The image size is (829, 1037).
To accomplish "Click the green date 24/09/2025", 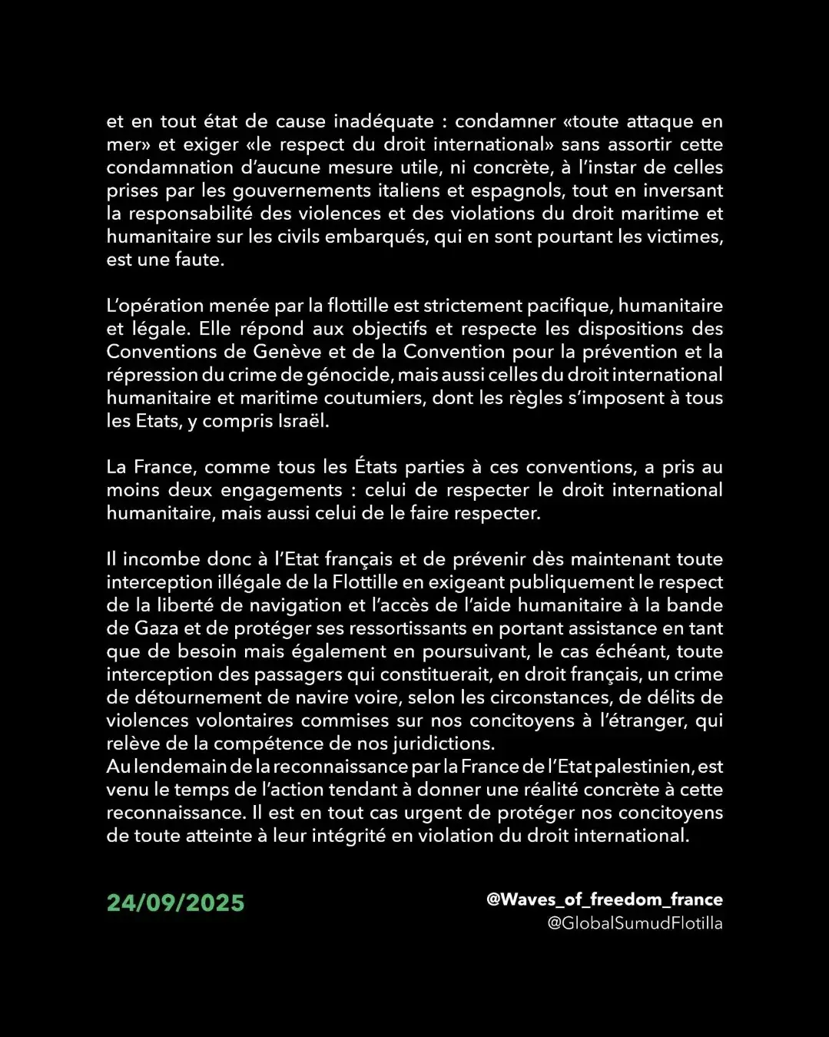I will [175, 903].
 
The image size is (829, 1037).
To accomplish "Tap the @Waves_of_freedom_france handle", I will [604, 900].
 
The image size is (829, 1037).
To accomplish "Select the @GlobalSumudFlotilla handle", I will [635, 923].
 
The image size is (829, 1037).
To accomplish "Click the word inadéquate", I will [383, 121].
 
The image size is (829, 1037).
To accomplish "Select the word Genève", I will [289, 352].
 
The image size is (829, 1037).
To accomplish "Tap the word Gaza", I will [157, 628].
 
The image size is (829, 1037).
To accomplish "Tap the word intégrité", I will [348, 836].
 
